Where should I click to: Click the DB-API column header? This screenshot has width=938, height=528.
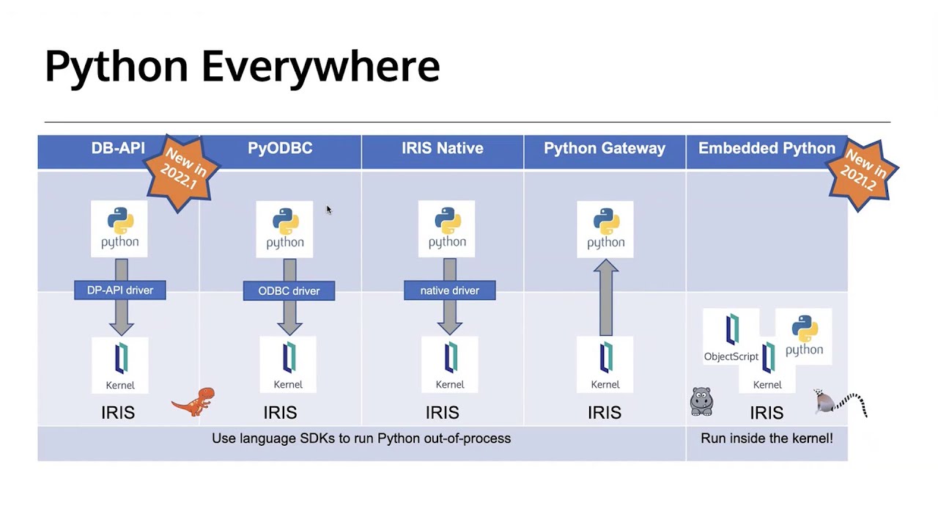pyautogui.click(x=117, y=148)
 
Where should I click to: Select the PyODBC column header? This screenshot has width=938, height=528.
pyautogui.click(x=280, y=148)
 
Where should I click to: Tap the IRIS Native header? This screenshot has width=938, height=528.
pyautogui.click(x=442, y=148)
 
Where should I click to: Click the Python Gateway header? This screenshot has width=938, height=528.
pyautogui.click(x=605, y=148)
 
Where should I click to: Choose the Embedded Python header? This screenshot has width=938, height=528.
pyautogui.click(x=766, y=148)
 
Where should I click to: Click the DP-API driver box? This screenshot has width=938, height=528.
pyautogui.click(x=120, y=290)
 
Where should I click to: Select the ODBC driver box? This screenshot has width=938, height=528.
pyautogui.click(x=289, y=291)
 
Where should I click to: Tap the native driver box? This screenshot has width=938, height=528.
pyautogui.click(x=449, y=290)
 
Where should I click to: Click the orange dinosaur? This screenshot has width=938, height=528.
pyautogui.click(x=195, y=401)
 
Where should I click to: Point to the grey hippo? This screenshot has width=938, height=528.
pyautogui.click(x=701, y=401)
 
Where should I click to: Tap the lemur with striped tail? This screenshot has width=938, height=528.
pyautogui.click(x=839, y=403)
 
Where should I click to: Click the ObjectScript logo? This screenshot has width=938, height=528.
pyautogui.click(x=731, y=337)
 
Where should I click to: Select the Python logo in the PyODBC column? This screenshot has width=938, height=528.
pyautogui.click(x=284, y=229)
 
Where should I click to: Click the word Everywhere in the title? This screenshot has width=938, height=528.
pyautogui.click(x=320, y=66)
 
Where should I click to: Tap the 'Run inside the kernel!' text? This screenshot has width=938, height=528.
pyautogui.click(x=767, y=439)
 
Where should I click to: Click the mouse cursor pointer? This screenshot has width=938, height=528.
pyautogui.click(x=328, y=210)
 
